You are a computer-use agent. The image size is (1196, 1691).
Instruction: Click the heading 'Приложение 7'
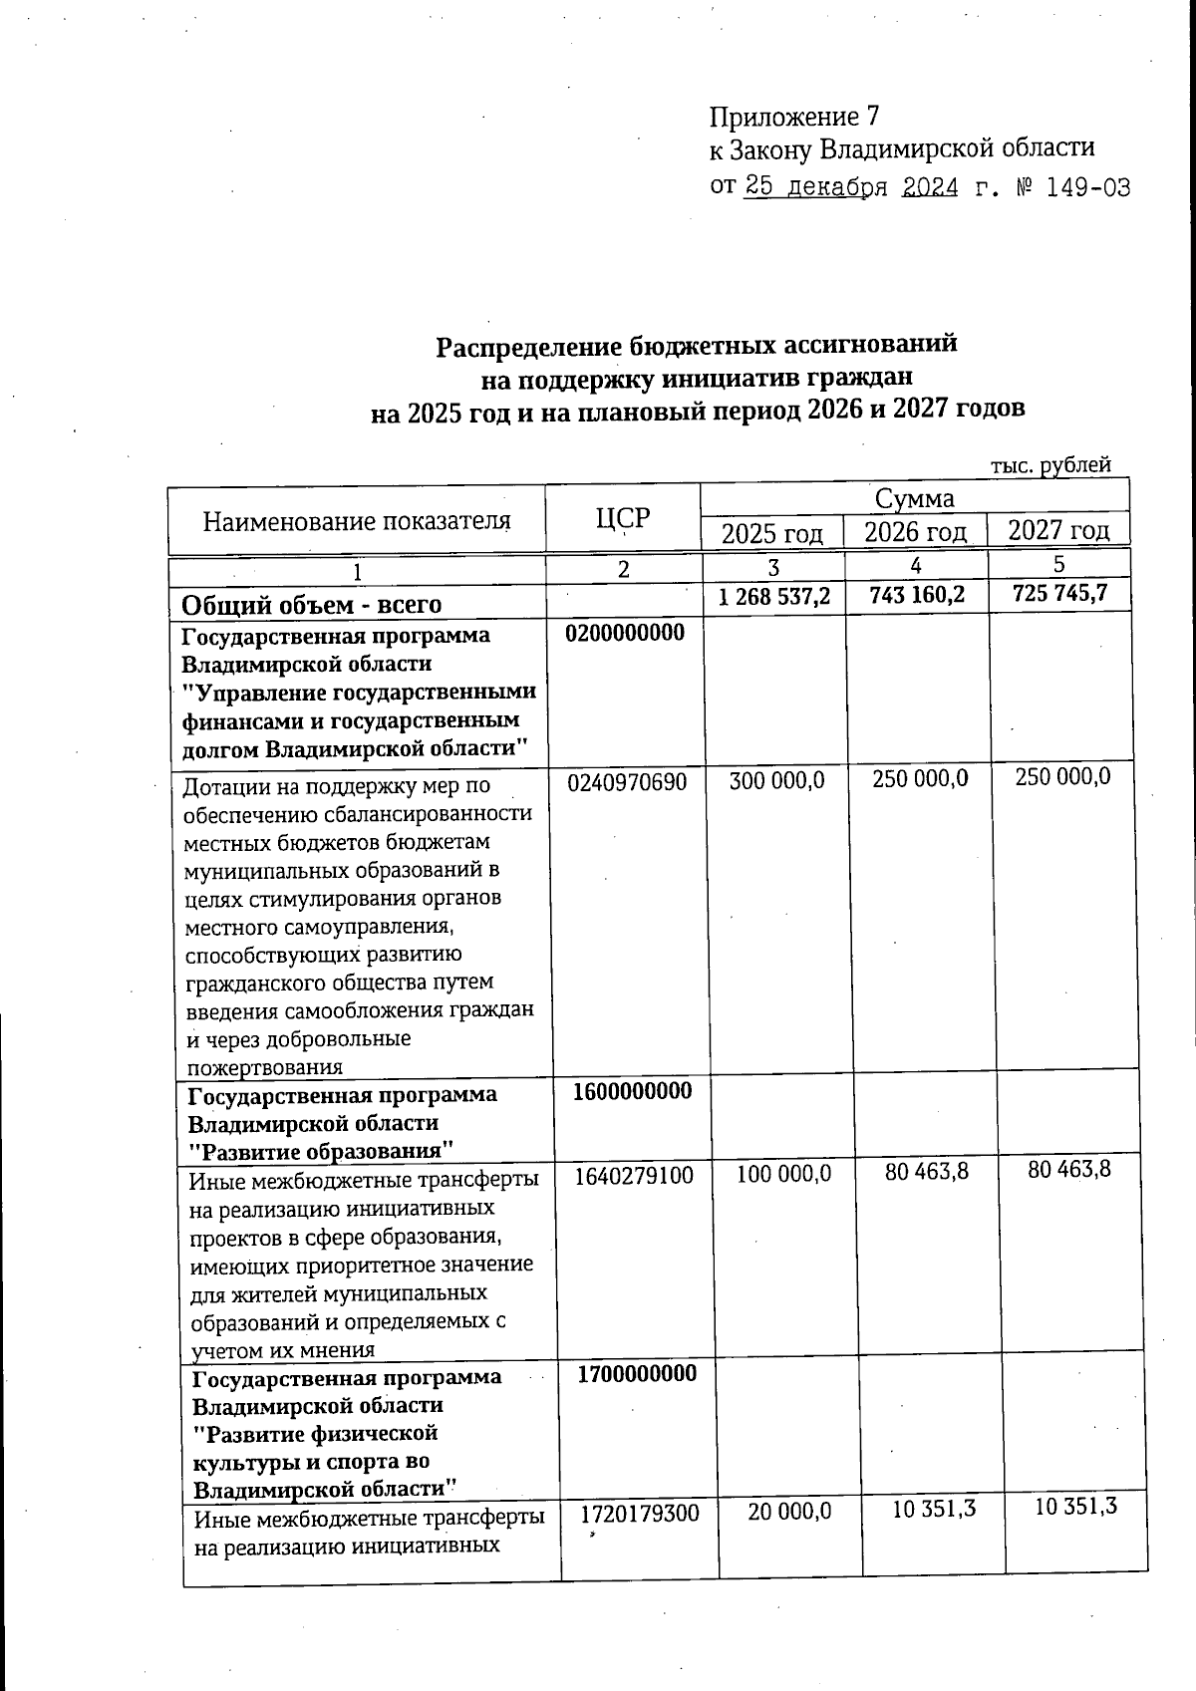(794, 118)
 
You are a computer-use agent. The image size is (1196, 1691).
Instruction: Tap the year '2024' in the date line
(930, 187)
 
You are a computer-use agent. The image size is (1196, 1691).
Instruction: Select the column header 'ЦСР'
(622, 518)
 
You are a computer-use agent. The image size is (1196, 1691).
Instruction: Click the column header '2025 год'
(772, 533)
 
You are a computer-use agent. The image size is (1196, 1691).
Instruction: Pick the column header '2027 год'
(1058, 529)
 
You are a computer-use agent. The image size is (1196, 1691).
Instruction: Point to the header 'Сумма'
(914, 498)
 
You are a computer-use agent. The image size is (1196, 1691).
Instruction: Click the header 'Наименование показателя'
(357, 520)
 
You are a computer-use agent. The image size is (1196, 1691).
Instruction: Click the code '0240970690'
(627, 782)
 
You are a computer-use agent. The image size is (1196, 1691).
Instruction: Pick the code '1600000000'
(632, 1090)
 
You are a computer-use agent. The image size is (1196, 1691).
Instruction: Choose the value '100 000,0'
(783, 1175)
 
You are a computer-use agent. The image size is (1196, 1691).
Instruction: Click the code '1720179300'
(640, 1514)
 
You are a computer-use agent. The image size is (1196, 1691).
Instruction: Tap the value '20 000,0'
(789, 1512)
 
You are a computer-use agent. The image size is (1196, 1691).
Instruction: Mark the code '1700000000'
(637, 1374)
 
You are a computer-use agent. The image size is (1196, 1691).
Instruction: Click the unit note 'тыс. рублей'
(1050, 464)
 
